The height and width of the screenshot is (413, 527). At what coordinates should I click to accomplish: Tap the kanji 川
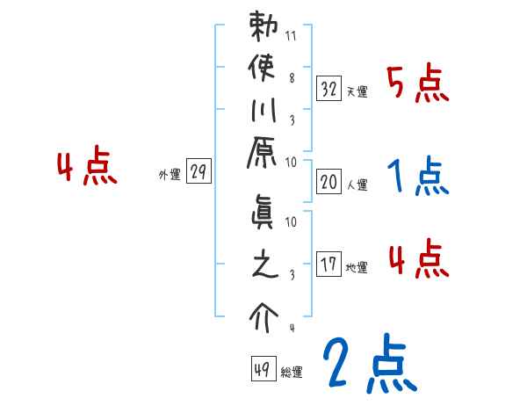click(263, 112)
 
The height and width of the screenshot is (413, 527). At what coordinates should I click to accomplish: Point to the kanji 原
click(263, 155)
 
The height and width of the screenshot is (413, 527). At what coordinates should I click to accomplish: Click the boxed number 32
click(328, 88)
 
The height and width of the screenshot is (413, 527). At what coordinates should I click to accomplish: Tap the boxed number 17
click(328, 264)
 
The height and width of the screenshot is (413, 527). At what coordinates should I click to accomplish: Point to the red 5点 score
click(419, 84)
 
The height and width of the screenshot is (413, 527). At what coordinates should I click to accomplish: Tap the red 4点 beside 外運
click(87, 168)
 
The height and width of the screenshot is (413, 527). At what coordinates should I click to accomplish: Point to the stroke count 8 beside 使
click(291, 77)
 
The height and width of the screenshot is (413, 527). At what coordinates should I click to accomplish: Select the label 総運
click(292, 373)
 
